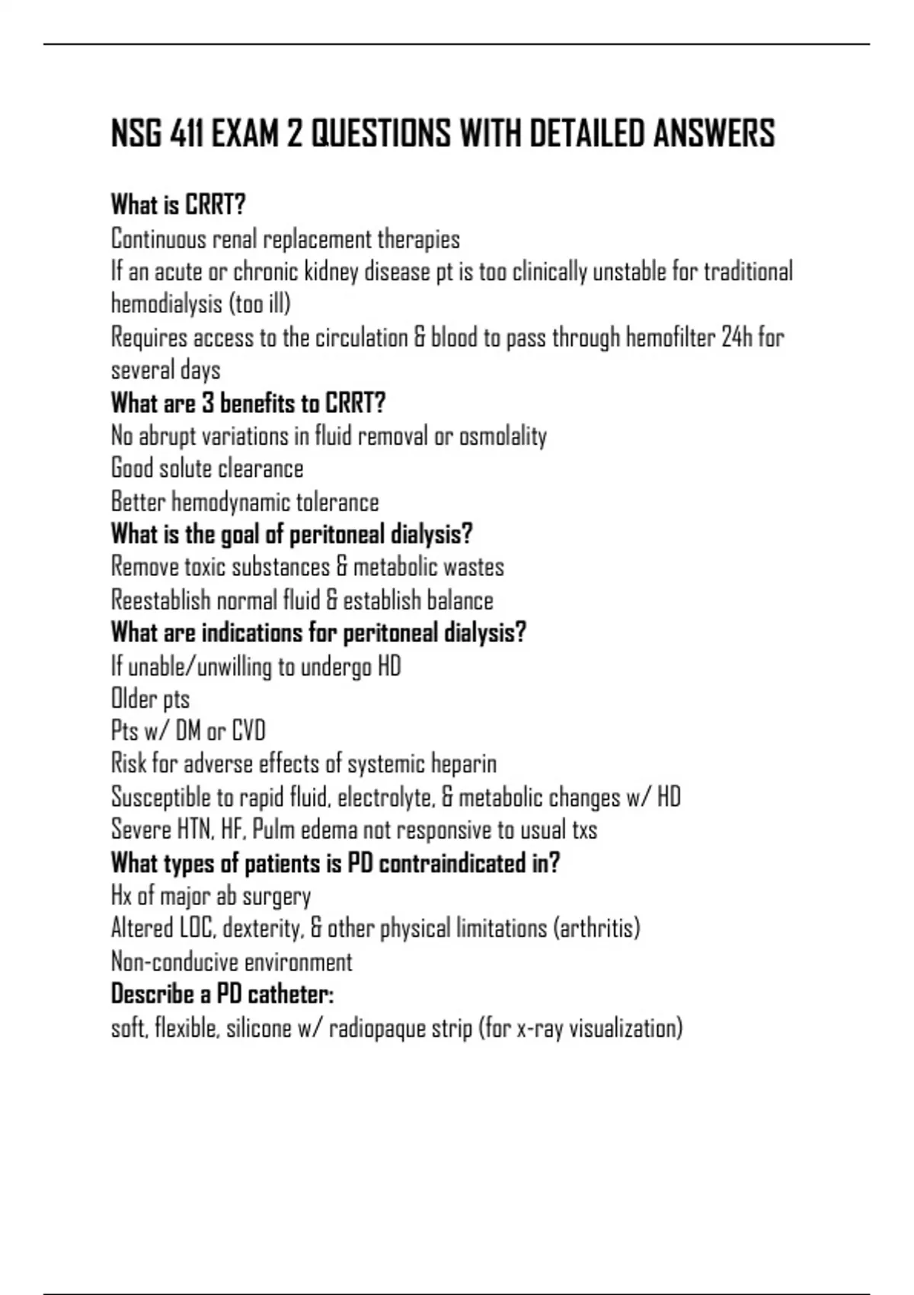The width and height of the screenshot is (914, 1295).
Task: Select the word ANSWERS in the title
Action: click(714, 134)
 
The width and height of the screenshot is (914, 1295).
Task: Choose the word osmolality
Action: click(503, 436)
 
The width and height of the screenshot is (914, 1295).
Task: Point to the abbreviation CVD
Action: click(248, 731)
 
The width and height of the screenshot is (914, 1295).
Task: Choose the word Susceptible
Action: click(161, 798)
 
